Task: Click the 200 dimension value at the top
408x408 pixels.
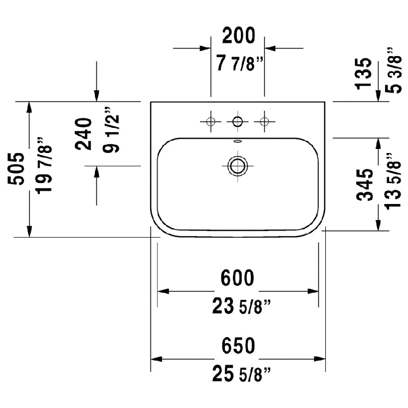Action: tap(239, 35)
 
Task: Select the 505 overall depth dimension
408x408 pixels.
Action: tap(16, 169)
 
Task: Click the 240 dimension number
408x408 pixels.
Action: tap(84, 134)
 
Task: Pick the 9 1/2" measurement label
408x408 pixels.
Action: tap(111, 130)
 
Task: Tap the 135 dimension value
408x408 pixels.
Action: tap(364, 73)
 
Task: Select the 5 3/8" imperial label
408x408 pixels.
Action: tap(393, 70)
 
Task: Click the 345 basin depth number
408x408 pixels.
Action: tap(365, 185)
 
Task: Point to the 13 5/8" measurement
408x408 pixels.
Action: tap(393, 181)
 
